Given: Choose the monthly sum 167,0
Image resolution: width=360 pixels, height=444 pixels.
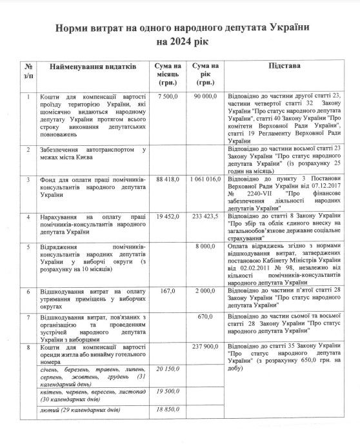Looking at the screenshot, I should (168, 292).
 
